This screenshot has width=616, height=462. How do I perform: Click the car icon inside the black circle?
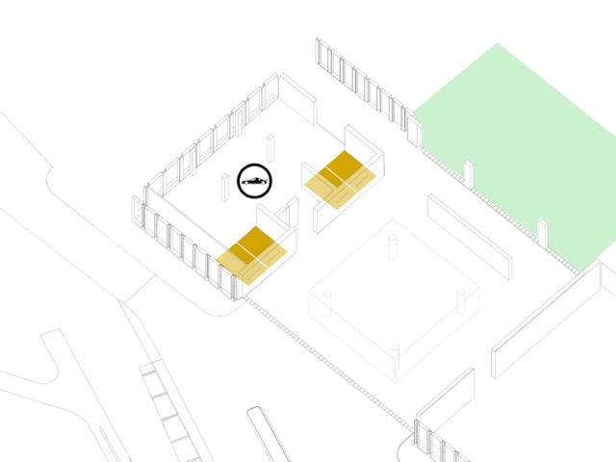255,180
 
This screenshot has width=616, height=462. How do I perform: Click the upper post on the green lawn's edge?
469,173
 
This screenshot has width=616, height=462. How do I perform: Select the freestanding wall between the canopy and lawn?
470,235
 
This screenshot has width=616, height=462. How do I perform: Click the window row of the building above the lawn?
366,87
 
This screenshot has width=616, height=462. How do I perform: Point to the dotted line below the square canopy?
327,361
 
